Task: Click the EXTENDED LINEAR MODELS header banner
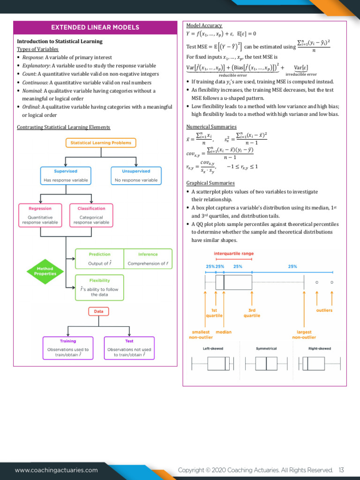[95, 27]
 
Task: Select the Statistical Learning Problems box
[101, 142]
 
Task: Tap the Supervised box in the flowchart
[66, 176]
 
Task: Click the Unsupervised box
[136, 176]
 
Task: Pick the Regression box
[40, 215]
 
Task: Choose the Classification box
[91, 215]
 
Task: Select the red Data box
[98, 311]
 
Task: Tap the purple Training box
[68, 348]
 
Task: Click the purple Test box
[129, 348]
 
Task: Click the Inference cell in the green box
[148, 259]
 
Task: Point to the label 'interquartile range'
[233, 254]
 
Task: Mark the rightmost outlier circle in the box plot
[331, 282]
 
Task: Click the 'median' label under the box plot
[224, 332]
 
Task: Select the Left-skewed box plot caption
[213, 348]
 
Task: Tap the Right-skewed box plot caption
[319, 348]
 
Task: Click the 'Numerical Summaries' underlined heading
[211, 127]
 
